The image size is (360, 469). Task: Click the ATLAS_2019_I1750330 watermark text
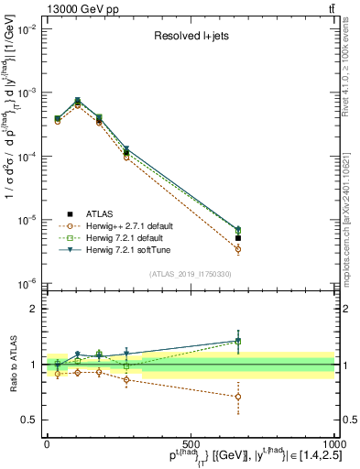(x=190, y=273)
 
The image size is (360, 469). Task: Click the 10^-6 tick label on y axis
(x=24, y=283)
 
